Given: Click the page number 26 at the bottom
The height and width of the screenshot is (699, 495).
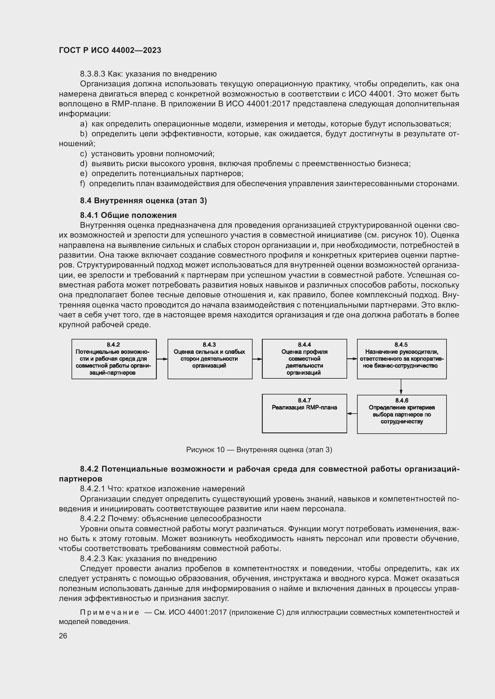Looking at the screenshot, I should (63, 636).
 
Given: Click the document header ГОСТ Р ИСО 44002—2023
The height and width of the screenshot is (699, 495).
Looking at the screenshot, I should (110, 50).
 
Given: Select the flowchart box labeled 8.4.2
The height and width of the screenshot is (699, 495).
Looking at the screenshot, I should (114, 359).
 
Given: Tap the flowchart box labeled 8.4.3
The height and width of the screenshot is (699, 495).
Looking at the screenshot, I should (210, 359).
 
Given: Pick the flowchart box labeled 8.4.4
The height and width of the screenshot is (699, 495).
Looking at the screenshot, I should (304, 359).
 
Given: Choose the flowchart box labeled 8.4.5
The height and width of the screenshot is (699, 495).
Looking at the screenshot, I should (401, 359).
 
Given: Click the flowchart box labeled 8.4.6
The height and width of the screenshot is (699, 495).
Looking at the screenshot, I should (401, 414).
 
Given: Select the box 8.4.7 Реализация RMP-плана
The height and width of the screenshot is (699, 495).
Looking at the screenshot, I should (304, 413).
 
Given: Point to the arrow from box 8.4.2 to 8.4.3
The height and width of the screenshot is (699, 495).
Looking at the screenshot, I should (162, 359).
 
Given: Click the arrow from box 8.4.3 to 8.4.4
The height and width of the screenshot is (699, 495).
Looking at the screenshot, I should (257, 359).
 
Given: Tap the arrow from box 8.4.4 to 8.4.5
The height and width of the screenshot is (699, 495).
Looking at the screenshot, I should (352, 359).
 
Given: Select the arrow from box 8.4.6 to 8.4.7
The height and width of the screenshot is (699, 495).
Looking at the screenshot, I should (352, 413).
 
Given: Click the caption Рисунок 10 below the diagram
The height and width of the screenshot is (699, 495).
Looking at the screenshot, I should (259, 450).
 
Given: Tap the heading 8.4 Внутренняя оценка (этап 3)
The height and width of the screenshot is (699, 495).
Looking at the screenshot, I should (143, 201).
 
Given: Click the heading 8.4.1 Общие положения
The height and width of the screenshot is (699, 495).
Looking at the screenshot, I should (128, 215).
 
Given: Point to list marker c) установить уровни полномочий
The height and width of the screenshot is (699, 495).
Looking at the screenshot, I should (83, 154).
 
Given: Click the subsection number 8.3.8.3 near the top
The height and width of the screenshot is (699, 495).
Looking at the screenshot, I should (92, 74).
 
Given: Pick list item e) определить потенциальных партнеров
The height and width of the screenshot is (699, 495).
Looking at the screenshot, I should (162, 174).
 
